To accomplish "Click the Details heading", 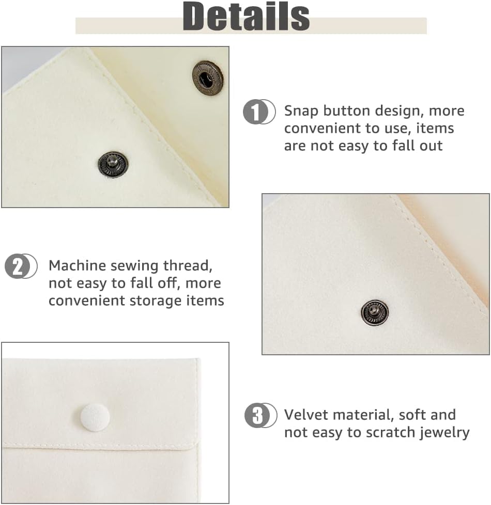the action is click(x=246, y=16).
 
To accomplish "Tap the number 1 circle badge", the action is click(x=259, y=112).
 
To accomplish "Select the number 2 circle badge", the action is click(x=21, y=266).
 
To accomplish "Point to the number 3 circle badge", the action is click(x=260, y=415).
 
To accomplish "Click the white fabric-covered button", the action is click(x=95, y=417).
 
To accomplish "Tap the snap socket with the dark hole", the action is click(x=208, y=78).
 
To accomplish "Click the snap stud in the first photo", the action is click(x=113, y=164).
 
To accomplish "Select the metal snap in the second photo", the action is click(x=375, y=312).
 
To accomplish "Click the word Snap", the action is click(x=301, y=111).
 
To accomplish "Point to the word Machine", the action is click(x=77, y=265).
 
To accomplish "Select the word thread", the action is click(x=188, y=265).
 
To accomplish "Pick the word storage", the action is click(x=156, y=301).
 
